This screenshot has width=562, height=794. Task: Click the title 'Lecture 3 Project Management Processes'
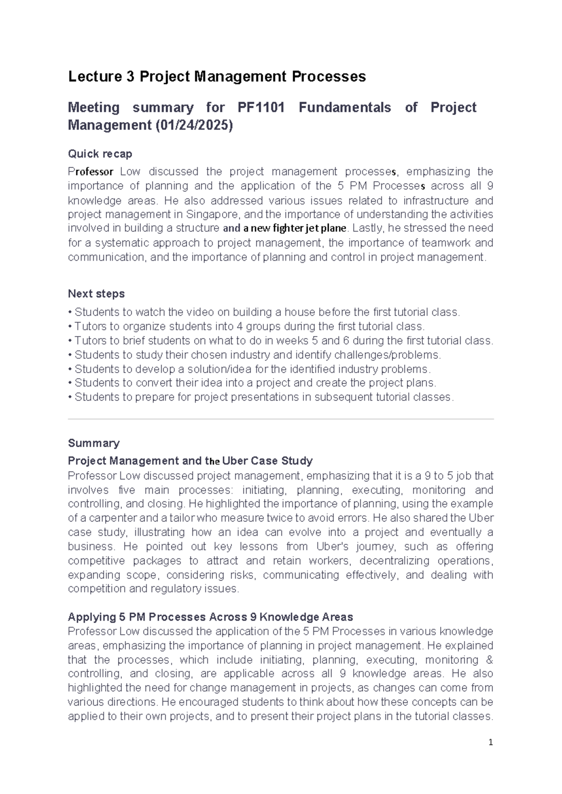[x=217, y=76]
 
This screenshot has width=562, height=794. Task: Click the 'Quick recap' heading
[x=100, y=154]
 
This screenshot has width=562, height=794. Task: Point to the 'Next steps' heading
[x=96, y=294]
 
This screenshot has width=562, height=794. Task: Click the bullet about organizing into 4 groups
[x=247, y=326]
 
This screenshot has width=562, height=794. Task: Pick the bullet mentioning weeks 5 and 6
[x=281, y=340]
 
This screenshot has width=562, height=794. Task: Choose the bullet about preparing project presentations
[x=261, y=397]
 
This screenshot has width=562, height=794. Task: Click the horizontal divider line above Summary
[x=281, y=419]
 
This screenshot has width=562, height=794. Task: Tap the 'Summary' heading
[x=94, y=443]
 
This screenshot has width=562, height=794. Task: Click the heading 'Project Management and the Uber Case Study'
[x=190, y=461]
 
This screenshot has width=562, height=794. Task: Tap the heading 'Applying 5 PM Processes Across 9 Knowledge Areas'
[x=210, y=617]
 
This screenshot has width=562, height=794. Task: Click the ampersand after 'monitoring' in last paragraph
[x=490, y=660]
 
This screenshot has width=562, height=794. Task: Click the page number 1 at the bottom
[x=491, y=743]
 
